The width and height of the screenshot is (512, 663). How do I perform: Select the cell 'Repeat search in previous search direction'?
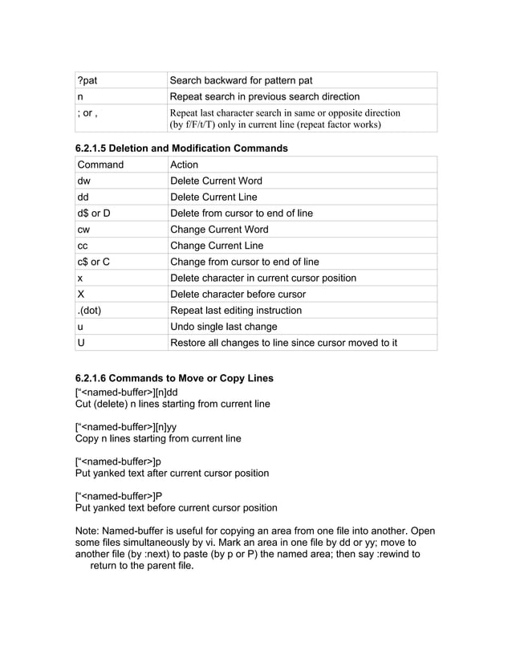point(265,96)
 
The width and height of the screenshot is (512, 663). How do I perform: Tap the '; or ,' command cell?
point(88,113)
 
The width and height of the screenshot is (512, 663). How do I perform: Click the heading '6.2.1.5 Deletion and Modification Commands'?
point(181,148)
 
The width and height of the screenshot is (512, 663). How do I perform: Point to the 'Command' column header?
point(100,165)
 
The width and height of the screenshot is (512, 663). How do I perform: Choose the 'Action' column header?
point(185,165)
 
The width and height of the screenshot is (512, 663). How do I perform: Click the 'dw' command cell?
point(84,181)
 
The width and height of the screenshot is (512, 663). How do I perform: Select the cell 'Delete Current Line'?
point(216,197)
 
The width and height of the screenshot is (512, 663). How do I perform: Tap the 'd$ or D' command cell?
point(94,213)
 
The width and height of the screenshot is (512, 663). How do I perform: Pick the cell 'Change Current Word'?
point(219,230)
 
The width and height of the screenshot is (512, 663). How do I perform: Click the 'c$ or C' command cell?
point(94,262)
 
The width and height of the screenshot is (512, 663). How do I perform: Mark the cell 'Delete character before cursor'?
point(238,294)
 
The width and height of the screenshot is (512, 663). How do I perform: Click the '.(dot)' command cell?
point(91,310)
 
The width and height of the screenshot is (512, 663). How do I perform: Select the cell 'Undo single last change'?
point(224,327)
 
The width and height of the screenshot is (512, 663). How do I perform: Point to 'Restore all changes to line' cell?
point(283,343)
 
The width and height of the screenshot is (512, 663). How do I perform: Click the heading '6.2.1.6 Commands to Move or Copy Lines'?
point(173,378)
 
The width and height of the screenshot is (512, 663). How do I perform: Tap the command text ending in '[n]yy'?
point(125,426)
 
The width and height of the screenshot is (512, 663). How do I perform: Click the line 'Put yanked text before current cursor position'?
point(176,507)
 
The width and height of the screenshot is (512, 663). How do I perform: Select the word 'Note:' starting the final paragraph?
point(89,531)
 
